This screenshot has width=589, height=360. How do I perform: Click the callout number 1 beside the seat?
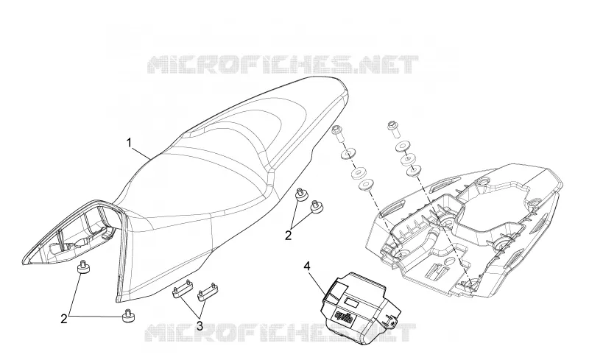point(130,143)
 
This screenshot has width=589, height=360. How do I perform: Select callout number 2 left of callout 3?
point(64,319)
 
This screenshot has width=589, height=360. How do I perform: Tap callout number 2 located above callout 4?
point(288,236)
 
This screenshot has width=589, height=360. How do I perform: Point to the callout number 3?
point(200,326)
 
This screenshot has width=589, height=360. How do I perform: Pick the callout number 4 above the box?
point(307,267)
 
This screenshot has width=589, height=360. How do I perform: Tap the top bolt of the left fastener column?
point(337,133)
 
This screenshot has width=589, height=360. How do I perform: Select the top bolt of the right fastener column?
point(393,129)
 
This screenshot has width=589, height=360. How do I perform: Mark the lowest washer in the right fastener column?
point(414,172)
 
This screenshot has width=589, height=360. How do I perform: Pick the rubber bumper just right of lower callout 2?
point(128,317)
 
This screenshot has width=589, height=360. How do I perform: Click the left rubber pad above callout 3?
point(182,290)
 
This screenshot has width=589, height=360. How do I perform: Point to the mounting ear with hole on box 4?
point(391,320)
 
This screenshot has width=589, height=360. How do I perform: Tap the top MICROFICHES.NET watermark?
point(283,65)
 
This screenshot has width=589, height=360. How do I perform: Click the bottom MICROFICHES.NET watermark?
point(280,333)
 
